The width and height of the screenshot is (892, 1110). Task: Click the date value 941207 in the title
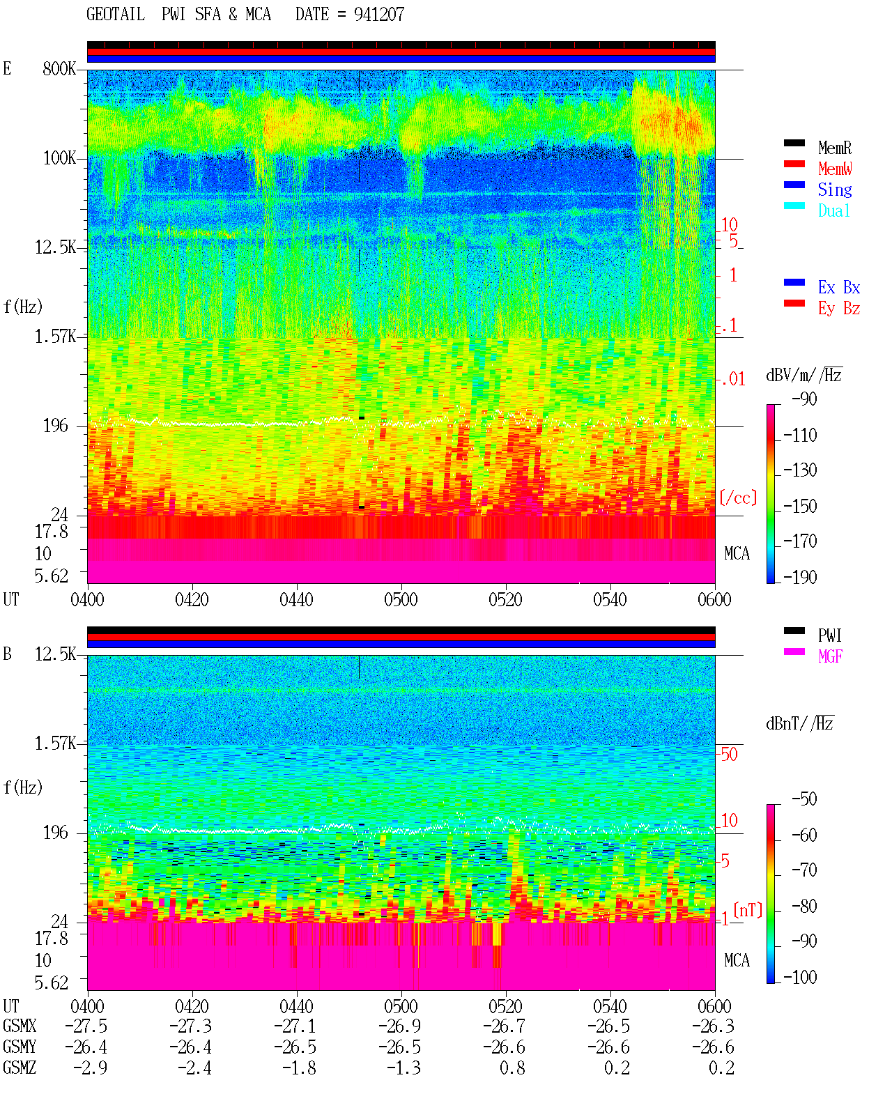click(378, 15)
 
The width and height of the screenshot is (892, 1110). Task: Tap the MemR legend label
click(835, 148)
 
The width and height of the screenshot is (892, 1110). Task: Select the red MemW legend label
click(835, 169)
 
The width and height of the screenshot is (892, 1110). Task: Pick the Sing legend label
click(835, 190)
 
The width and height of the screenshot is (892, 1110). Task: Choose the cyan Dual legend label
click(834, 211)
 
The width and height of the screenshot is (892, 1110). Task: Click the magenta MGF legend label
click(830, 656)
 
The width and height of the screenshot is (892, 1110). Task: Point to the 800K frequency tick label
click(59, 68)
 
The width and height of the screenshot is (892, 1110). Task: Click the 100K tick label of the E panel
click(59, 158)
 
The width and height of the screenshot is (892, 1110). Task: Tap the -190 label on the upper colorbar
click(800, 577)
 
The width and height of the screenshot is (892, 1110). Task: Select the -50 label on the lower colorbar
click(804, 799)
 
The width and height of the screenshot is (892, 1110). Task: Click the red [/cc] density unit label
click(738, 498)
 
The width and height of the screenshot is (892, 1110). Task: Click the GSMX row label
click(20, 1026)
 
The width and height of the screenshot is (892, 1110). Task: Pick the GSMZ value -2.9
click(91, 1067)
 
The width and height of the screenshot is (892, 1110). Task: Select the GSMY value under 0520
click(504, 1047)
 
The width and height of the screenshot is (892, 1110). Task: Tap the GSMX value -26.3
click(713, 1026)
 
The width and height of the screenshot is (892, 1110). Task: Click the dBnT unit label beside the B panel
click(800, 724)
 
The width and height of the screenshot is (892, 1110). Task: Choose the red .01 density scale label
click(732, 380)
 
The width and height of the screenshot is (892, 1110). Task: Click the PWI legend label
click(830, 635)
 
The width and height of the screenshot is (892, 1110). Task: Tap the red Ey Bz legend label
click(839, 309)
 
